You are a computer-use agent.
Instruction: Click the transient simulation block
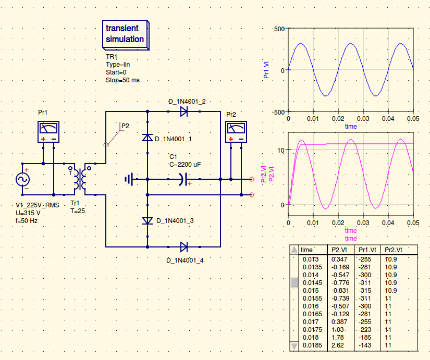pyautogui.click(x=125, y=34)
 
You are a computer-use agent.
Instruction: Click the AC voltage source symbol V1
pyautogui.click(x=23, y=179)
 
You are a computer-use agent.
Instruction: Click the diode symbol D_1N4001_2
pyautogui.click(x=184, y=111)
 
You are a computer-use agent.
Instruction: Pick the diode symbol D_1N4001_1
pyautogui.click(x=148, y=138)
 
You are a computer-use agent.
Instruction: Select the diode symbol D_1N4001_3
pyautogui.click(x=148, y=220)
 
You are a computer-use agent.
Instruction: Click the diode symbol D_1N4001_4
pyautogui.click(x=184, y=246)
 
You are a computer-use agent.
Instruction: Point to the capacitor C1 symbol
pyautogui.click(x=181, y=179)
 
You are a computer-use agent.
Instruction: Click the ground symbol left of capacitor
pyautogui.click(x=129, y=179)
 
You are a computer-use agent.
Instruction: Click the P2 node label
pyautogui.click(x=125, y=126)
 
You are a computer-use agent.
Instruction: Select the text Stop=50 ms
pyautogui.click(x=122, y=80)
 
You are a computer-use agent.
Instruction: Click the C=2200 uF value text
pyautogui.click(x=185, y=164)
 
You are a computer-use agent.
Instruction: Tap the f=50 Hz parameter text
pyautogui.click(x=27, y=220)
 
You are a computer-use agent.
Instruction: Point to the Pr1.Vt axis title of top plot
pyautogui.click(x=266, y=70)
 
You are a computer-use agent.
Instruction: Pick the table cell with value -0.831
pyautogui.click(x=339, y=290)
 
